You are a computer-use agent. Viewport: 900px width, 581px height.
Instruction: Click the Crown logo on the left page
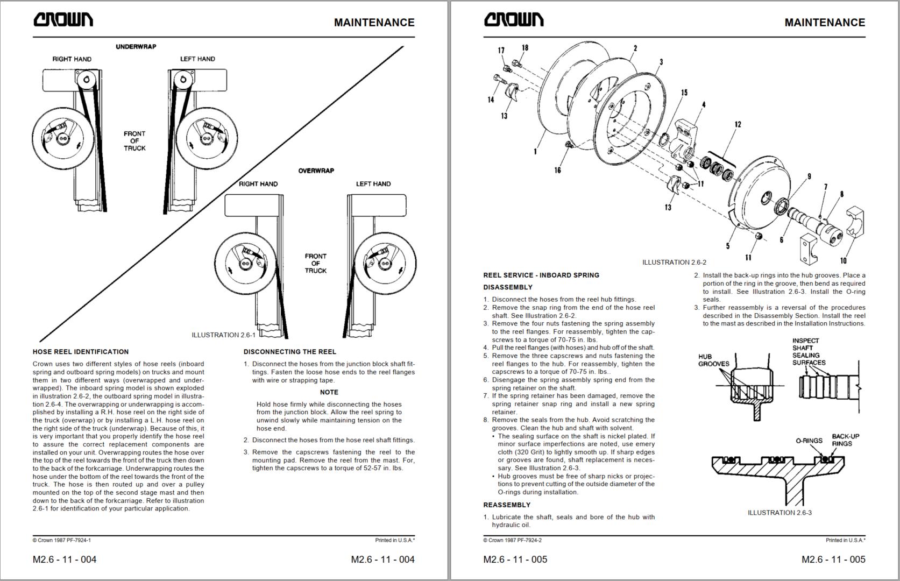[63, 20]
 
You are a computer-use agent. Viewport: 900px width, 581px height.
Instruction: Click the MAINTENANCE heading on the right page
[825, 23]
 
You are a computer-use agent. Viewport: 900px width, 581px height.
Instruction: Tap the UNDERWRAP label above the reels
[136, 47]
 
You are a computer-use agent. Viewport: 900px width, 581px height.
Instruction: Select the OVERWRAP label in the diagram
[316, 171]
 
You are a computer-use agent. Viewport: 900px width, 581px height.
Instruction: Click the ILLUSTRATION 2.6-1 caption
[224, 335]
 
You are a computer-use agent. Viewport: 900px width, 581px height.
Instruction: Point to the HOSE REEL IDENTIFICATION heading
[81, 352]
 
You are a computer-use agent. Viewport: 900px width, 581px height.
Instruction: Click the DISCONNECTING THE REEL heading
[289, 352]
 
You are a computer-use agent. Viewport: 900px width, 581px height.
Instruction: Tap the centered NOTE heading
[329, 392]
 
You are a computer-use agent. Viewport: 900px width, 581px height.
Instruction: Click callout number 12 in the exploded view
[738, 124]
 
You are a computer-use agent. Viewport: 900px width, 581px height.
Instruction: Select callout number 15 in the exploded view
[684, 93]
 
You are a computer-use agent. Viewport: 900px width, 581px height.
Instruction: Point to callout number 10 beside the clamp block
[843, 261]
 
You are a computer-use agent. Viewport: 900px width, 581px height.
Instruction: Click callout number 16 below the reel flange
[557, 170]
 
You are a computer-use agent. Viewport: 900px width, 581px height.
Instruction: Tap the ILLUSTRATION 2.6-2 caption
[674, 263]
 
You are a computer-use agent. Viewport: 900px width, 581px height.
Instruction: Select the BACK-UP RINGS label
[845, 440]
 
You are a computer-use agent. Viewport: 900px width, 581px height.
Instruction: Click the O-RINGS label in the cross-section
[809, 441]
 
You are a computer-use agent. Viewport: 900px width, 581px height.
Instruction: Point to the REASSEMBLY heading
[507, 505]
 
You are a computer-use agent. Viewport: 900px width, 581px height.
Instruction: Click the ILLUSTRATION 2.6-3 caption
[779, 513]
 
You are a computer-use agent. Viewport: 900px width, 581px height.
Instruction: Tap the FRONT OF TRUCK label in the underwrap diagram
[134, 141]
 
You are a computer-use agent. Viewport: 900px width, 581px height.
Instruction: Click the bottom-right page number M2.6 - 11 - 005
[833, 559]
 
